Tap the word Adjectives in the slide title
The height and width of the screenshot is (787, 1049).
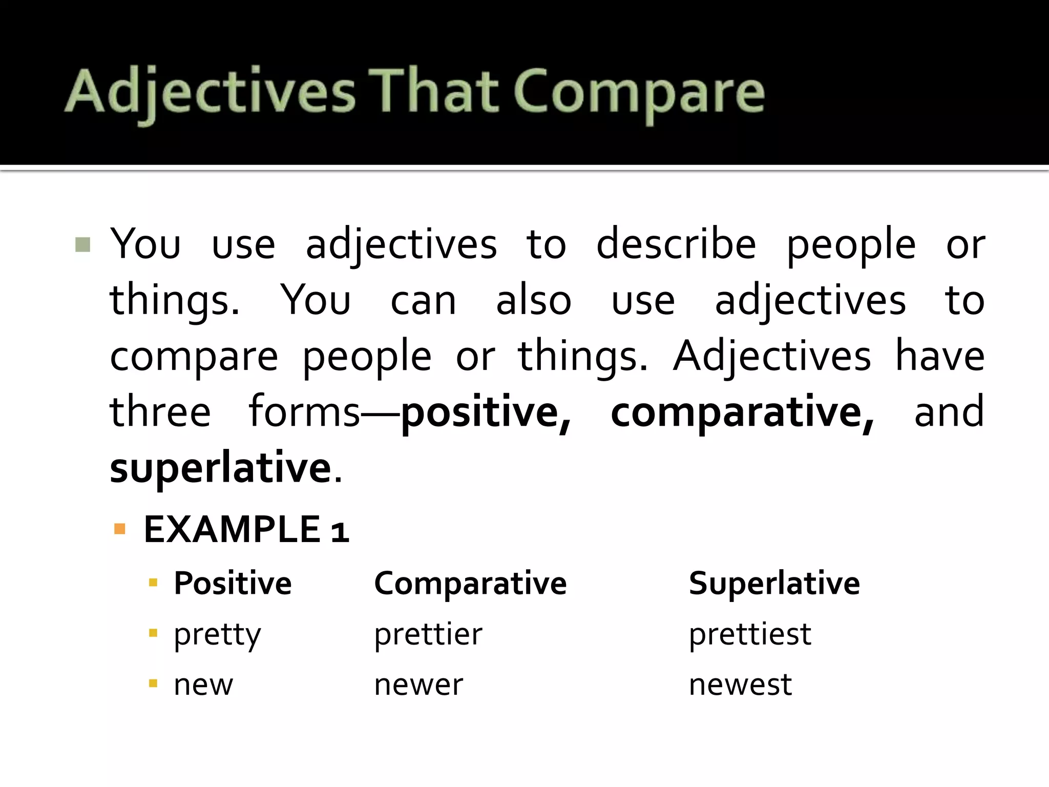210,93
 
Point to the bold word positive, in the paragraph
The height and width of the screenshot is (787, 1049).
485,412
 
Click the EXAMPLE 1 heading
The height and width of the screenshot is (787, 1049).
246,530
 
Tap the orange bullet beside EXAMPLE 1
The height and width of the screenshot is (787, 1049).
120,529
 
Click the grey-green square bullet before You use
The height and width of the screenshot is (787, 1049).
82,244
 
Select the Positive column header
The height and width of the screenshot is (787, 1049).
233,583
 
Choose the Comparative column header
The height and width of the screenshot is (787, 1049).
470,583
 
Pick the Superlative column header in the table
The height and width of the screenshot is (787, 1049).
774,583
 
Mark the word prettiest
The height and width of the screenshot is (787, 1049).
750,634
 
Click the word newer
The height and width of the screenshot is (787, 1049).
418,685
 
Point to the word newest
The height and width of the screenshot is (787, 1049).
740,685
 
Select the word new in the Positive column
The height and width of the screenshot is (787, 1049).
203,685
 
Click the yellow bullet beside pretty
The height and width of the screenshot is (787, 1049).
153,633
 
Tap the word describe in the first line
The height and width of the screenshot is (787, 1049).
676,244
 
